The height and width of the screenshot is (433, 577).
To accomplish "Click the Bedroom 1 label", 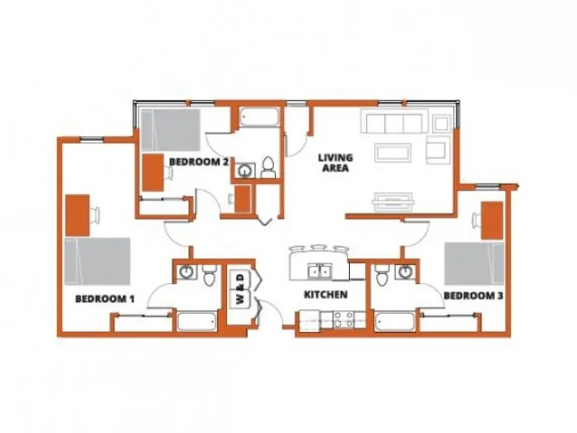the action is [x=105, y=299].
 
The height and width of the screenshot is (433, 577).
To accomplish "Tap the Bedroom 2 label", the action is [x=198, y=161].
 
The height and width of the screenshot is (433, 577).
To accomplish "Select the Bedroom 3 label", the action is [x=473, y=296].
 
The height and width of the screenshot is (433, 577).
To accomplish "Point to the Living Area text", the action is [x=335, y=162].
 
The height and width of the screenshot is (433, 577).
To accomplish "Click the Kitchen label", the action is [x=325, y=295].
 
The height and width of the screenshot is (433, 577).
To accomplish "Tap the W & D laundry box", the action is [x=241, y=289].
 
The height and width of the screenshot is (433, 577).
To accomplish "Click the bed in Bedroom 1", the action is [x=97, y=262].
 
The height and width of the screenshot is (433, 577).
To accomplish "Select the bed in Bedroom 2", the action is [x=170, y=130].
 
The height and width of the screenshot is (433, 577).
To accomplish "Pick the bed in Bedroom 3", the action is [x=474, y=263].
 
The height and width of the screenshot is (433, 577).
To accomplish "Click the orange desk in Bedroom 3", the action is [x=492, y=220].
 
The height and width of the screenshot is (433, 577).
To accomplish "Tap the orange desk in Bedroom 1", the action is [x=78, y=216].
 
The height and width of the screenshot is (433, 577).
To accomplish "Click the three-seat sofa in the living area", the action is [x=394, y=121].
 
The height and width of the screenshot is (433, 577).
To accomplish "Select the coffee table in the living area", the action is [x=393, y=152].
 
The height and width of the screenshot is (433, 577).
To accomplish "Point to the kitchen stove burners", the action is [x=343, y=319].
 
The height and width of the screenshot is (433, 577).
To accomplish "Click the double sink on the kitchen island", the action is [x=319, y=272].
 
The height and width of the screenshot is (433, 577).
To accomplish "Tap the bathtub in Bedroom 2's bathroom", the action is [x=259, y=117].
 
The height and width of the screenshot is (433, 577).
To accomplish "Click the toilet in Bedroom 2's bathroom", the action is [x=268, y=167].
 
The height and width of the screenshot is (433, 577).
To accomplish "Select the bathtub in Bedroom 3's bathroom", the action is [x=395, y=322].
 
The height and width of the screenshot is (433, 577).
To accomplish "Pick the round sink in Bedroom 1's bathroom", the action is [x=187, y=272].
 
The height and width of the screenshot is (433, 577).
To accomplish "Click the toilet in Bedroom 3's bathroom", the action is [x=382, y=274].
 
